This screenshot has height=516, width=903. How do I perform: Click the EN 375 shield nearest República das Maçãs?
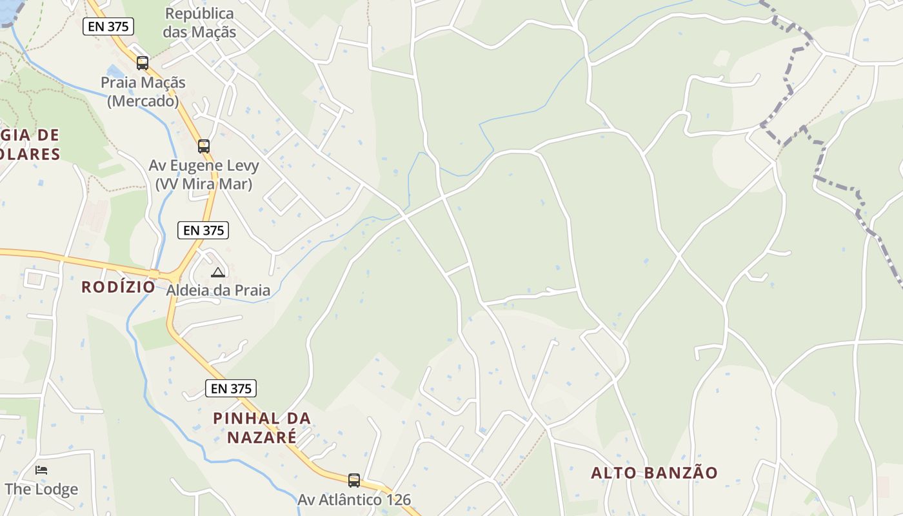(x=108, y=26)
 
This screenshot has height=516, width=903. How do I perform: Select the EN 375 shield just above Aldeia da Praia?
(x=203, y=230)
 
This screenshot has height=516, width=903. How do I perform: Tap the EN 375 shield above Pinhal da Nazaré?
(x=231, y=388)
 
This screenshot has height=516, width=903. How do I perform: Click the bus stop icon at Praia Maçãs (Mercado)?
(x=143, y=63)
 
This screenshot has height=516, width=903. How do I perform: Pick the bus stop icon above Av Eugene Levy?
(x=204, y=146)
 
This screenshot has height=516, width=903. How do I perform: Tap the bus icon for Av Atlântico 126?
(x=354, y=481)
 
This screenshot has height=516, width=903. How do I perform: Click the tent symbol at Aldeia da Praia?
(x=218, y=272)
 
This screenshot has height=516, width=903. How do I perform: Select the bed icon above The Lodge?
(x=41, y=470)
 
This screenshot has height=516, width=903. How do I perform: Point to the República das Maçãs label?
(x=199, y=23)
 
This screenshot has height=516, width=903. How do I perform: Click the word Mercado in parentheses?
(x=143, y=101)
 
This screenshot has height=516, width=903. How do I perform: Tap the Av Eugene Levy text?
(x=204, y=166)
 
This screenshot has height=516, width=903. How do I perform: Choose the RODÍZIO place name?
(x=118, y=287)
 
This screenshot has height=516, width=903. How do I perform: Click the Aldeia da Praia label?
(x=218, y=290)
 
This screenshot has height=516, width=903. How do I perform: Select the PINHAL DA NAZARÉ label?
(x=262, y=428)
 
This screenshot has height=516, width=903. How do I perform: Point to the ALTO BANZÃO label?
(x=654, y=473)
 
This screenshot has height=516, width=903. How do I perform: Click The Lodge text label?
(x=41, y=489)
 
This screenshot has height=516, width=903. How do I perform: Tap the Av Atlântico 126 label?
(x=354, y=500)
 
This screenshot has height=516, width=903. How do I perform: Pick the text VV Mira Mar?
(x=204, y=184)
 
